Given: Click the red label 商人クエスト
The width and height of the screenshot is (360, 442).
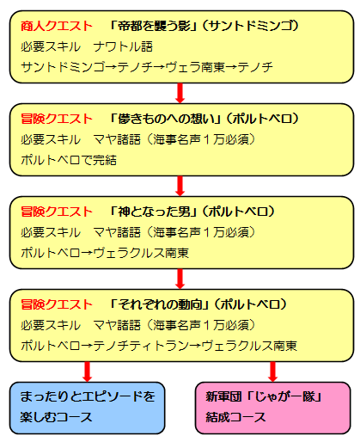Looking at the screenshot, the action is (57, 26).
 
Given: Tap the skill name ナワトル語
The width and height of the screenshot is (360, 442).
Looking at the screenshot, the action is (123, 46).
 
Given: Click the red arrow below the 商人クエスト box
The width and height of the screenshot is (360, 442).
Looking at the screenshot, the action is (180, 93).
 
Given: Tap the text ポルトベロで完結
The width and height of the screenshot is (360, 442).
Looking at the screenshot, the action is (69, 160).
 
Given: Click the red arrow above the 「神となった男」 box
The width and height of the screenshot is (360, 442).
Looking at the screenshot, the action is (180, 186).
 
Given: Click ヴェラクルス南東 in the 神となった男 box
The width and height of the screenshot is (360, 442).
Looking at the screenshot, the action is (141, 253).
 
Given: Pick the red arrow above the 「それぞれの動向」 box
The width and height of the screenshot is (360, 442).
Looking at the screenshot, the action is (180, 279).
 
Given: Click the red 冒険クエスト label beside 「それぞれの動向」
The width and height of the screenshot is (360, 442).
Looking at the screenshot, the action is (57, 304).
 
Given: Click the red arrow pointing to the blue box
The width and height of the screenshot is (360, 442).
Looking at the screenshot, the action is (87, 371).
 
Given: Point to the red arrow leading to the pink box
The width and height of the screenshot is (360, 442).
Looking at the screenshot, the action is (272, 371).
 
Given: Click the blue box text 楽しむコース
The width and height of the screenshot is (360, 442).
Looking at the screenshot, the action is (56, 417).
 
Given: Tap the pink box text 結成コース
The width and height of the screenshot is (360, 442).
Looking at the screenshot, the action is (235, 417).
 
